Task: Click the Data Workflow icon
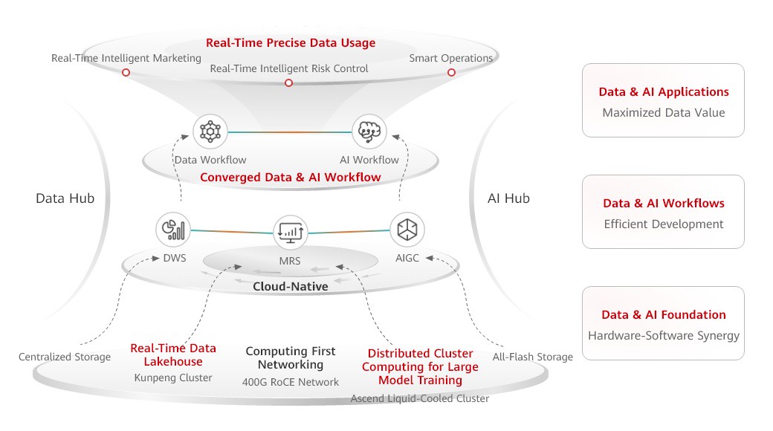tap(210, 132)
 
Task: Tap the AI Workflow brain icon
tap(369, 132)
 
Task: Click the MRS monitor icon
tap(290, 233)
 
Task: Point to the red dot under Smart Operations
tap(451, 73)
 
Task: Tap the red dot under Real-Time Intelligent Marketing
tap(126, 73)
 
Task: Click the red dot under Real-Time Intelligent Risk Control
tap(288, 82)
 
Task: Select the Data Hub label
tap(65, 198)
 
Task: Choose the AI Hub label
tap(508, 198)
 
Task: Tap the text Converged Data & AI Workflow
tap(290, 178)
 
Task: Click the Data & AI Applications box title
tap(663, 92)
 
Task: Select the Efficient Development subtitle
tap(663, 224)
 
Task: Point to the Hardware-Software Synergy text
tap(663, 335)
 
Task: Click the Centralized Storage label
tap(65, 357)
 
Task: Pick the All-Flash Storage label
tap(532, 357)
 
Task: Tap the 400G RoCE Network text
tap(291, 382)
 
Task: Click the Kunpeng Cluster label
tap(173, 377)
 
